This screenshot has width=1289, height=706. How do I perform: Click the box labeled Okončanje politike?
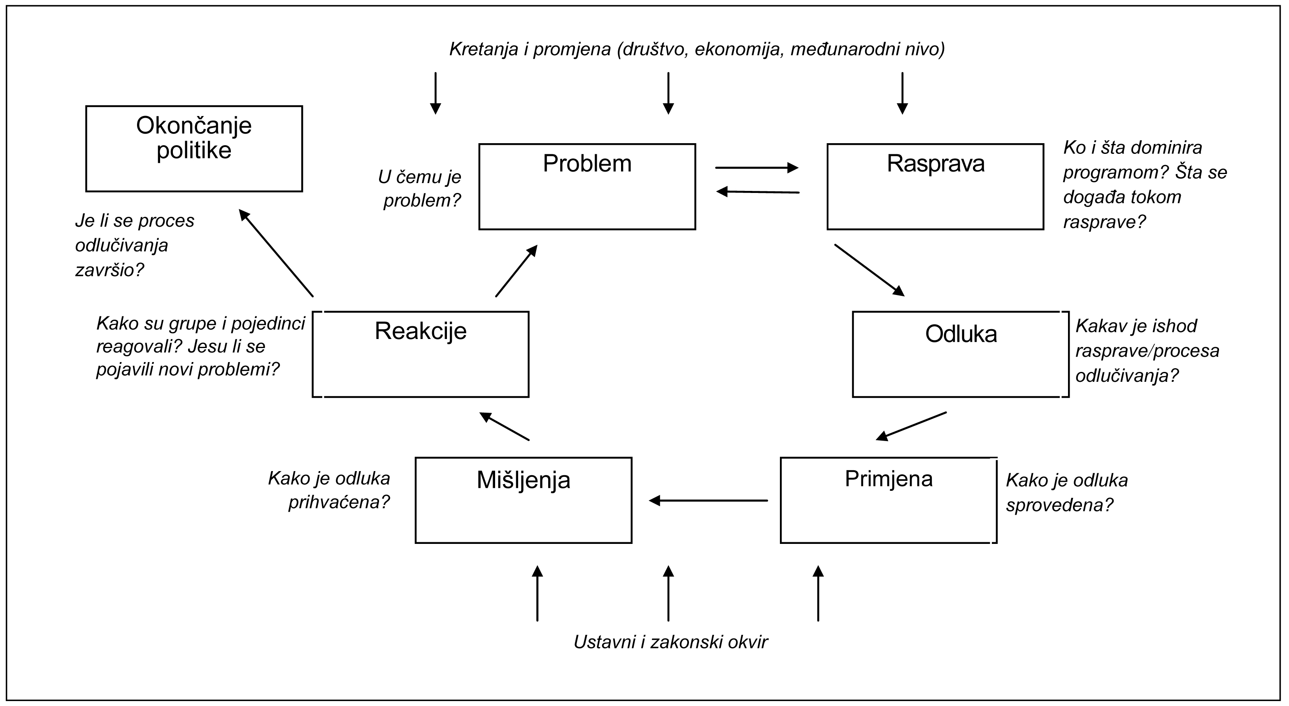tap(194, 149)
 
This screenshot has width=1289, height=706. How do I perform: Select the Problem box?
tap(587, 187)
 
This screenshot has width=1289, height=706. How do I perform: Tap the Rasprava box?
tap(935, 187)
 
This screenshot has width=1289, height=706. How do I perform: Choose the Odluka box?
tap(960, 354)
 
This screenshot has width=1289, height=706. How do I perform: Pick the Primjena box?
tap(888, 500)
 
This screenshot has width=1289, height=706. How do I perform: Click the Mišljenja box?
tap(524, 500)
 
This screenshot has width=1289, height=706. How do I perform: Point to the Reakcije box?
tap(420, 354)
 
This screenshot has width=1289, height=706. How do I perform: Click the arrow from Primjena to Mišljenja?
tap(708, 500)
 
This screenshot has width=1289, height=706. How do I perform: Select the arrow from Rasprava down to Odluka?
tap(869, 270)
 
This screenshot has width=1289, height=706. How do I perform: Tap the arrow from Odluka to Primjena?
tap(911, 426)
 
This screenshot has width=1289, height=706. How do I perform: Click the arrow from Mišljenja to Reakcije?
tap(504, 426)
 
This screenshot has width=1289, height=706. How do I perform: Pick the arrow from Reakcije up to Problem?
tap(517, 271)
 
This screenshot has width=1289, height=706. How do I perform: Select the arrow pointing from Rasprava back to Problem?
tap(758, 192)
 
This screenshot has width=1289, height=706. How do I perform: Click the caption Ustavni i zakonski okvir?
tap(670, 642)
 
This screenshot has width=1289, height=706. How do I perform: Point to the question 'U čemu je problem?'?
tap(420, 188)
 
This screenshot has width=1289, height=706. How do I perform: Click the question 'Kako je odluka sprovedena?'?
tap(1067, 492)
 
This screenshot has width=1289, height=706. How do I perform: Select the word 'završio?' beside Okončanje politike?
tap(109, 270)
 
